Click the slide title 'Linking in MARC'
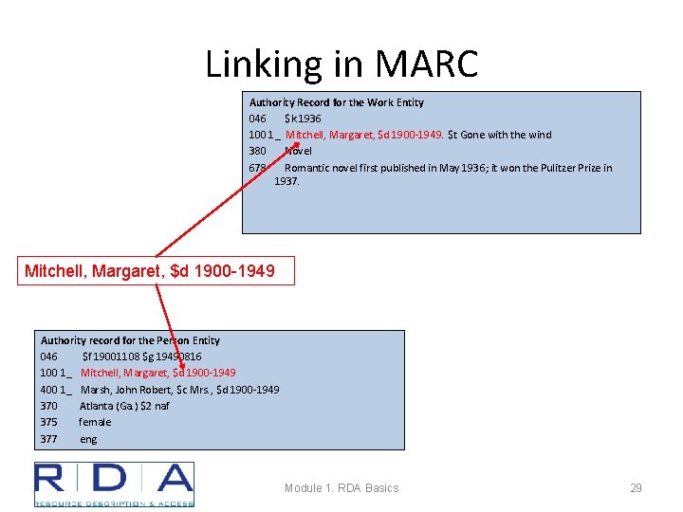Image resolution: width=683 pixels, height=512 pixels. (341, 64)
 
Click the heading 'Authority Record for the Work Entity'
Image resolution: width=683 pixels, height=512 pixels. (336, 102)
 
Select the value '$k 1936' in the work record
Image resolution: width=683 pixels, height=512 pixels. (303, 119)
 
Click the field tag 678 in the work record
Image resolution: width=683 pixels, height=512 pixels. (257, 168)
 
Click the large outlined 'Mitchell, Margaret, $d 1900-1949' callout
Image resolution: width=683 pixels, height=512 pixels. (150, 271)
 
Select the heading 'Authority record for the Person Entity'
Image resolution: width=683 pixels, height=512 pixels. (130, 340)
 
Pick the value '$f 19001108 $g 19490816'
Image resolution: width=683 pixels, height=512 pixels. (141, 357)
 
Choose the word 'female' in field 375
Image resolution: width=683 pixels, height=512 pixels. (95, 422)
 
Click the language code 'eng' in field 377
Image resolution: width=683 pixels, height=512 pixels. (88, 439)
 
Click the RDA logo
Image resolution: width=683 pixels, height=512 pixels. (114, 484)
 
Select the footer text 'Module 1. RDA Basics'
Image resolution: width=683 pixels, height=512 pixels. (341, 488)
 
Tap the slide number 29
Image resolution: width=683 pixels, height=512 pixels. (636, 488)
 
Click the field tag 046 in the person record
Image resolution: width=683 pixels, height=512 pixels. (48, 357)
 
